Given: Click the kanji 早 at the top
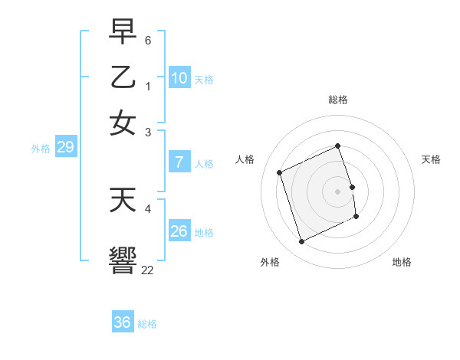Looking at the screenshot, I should tap(123, 31).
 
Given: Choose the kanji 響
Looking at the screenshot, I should tap(123, 258).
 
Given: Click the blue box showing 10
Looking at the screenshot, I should tap(179, 77).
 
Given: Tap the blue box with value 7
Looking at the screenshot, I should tap(179, 162).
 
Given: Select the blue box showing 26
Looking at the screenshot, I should tap(179, 231).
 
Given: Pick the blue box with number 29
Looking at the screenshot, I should tap(65, 147).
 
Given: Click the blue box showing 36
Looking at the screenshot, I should tap(123, 322).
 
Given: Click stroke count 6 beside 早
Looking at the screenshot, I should tap(148, 39).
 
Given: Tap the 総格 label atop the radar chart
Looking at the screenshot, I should tap(338, 100).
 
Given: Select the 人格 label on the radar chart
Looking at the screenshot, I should tap(245, 159).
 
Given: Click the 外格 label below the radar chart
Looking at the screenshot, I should tap(270, 262).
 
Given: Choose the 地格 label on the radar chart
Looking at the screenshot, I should tap(402, 262).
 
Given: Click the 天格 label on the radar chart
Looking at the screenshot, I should tap(431, 159).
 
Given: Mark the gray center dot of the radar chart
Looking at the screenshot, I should tap(338, 191).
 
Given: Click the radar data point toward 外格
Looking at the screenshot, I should tap(301, 242).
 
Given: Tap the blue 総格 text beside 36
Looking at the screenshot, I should tap(147, 324).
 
